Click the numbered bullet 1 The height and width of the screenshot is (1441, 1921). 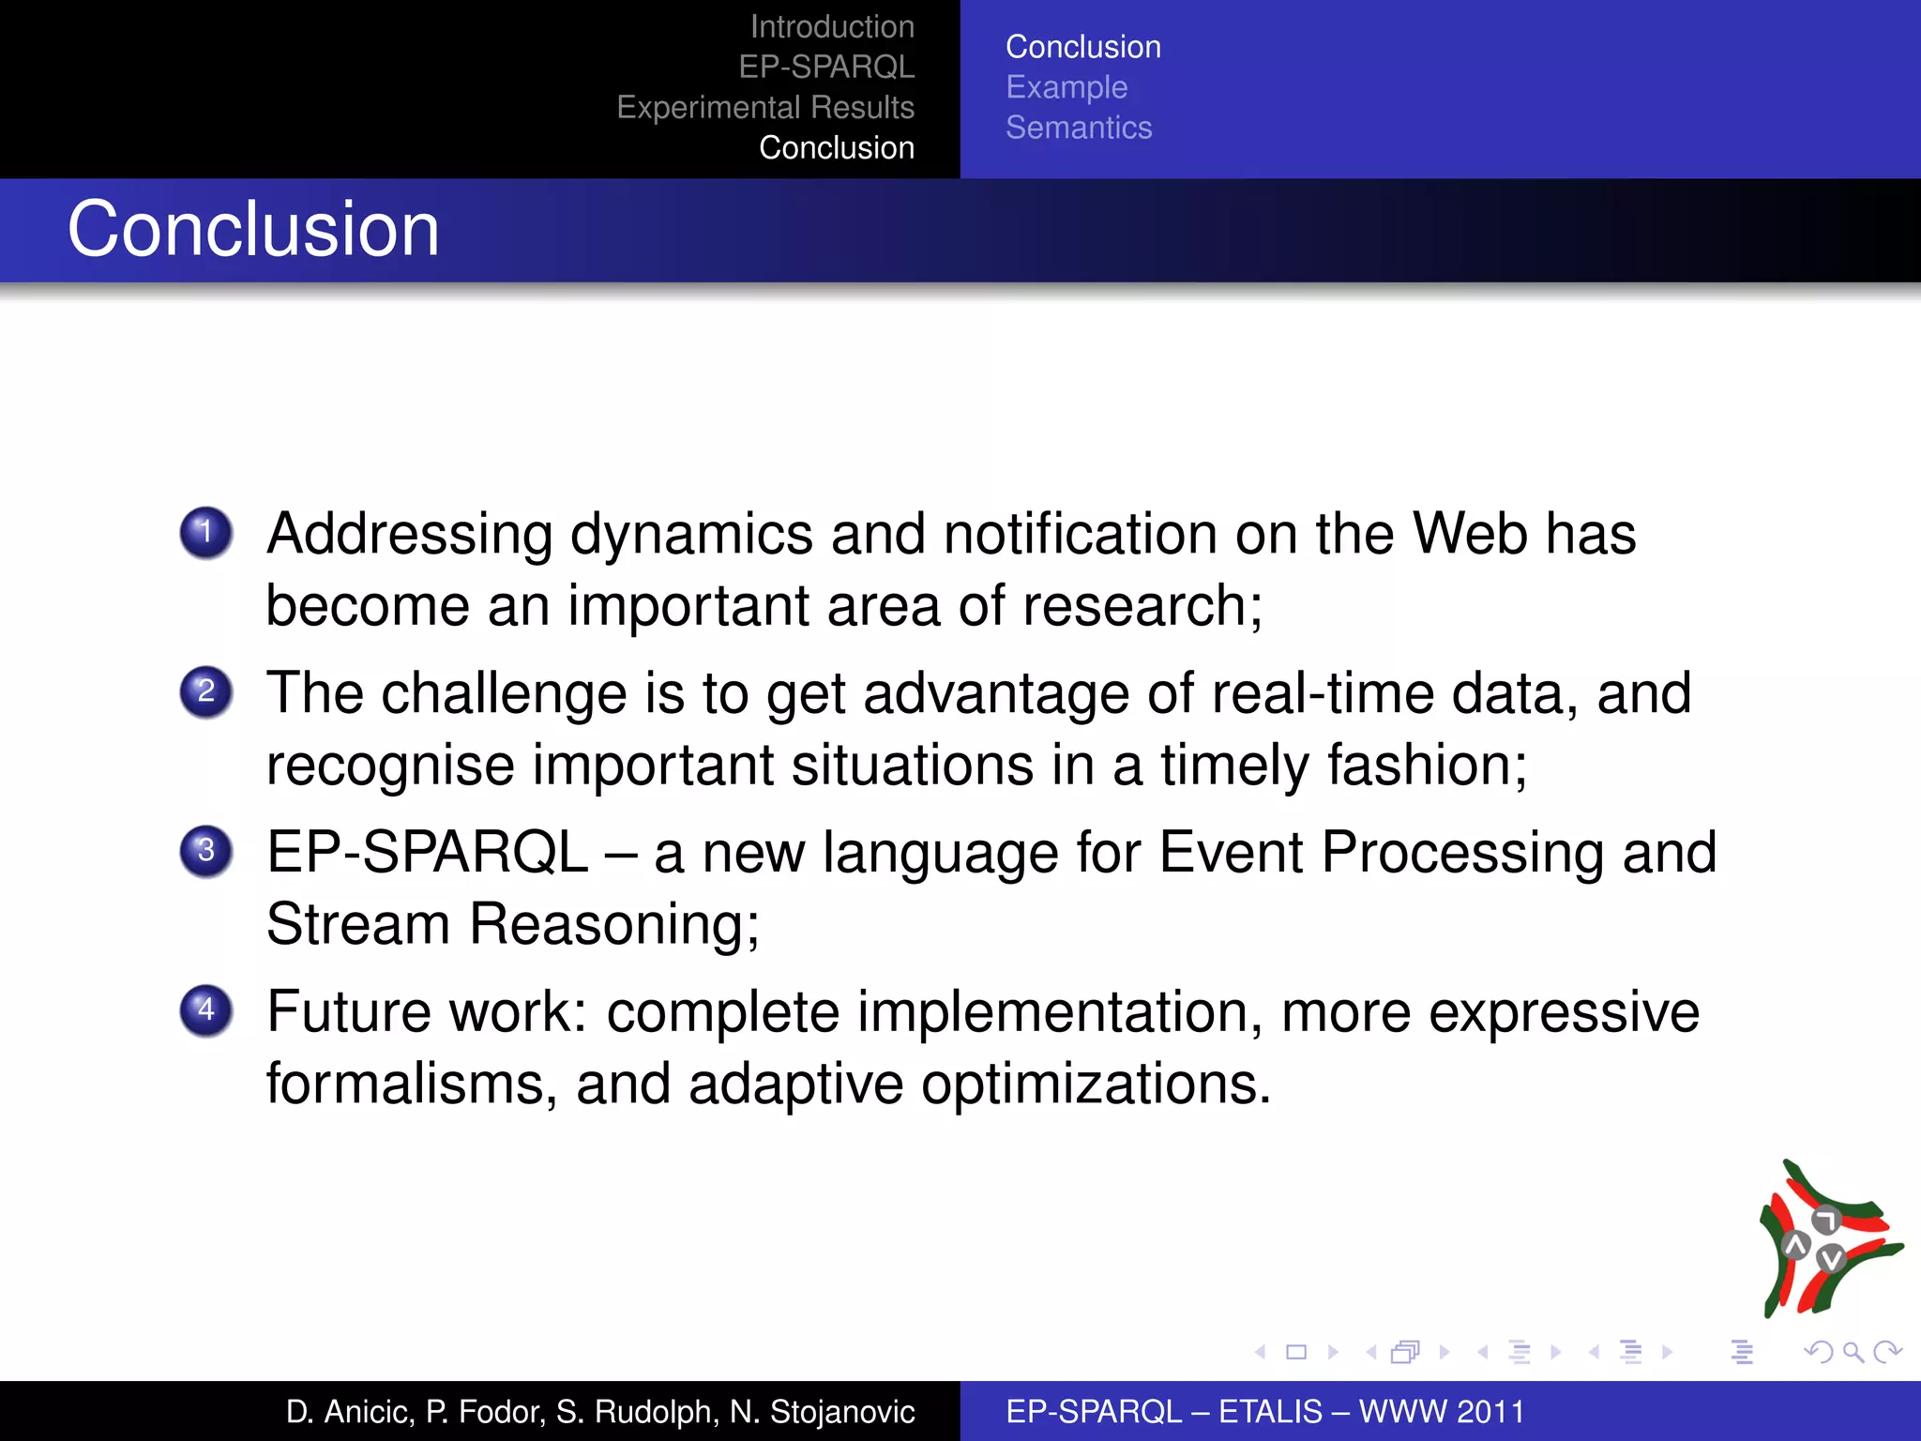206,533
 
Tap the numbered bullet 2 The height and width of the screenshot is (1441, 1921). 206,692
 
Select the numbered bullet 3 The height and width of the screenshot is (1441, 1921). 206,852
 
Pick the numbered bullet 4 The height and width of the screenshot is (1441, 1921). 206,1011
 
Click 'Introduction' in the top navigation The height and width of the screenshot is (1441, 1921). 832,27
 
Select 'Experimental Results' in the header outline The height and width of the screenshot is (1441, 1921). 765,108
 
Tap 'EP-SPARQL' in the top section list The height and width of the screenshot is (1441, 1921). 826,68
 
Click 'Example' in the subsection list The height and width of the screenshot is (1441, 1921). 1066,87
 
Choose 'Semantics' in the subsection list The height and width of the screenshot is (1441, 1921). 1079,128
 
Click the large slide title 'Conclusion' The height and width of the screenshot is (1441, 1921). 253,230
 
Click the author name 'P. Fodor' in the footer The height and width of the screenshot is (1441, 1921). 485,1411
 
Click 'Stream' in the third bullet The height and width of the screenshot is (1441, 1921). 358,924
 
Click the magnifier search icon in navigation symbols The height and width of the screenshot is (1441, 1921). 1853,1352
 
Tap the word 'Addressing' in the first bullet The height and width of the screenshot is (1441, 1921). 410,535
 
